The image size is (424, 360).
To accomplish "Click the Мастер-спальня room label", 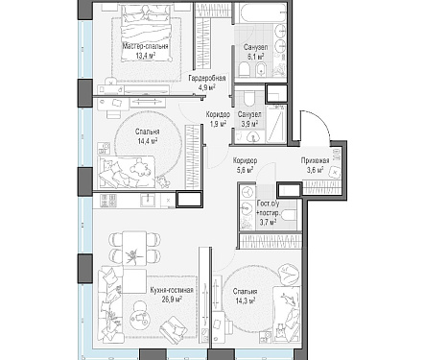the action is click(146, 47).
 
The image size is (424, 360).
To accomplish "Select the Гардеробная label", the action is click(207, 79).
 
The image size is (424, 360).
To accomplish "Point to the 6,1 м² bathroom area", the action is click(255, 57).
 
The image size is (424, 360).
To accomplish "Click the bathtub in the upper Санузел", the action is click(261, 13).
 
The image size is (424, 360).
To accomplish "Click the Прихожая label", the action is click(315, 161).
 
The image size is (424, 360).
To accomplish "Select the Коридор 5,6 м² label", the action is click(245, 165).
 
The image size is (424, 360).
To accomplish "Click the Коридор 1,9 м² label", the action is click(218, 119).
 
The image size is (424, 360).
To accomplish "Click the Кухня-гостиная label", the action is click(172, 290).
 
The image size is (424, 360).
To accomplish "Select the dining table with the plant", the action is click(134, 248).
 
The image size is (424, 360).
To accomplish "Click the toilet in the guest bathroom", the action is click(290, 216).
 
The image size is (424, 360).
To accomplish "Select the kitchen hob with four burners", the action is click(108, 201).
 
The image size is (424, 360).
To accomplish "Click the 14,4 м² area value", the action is click(148, 141).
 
